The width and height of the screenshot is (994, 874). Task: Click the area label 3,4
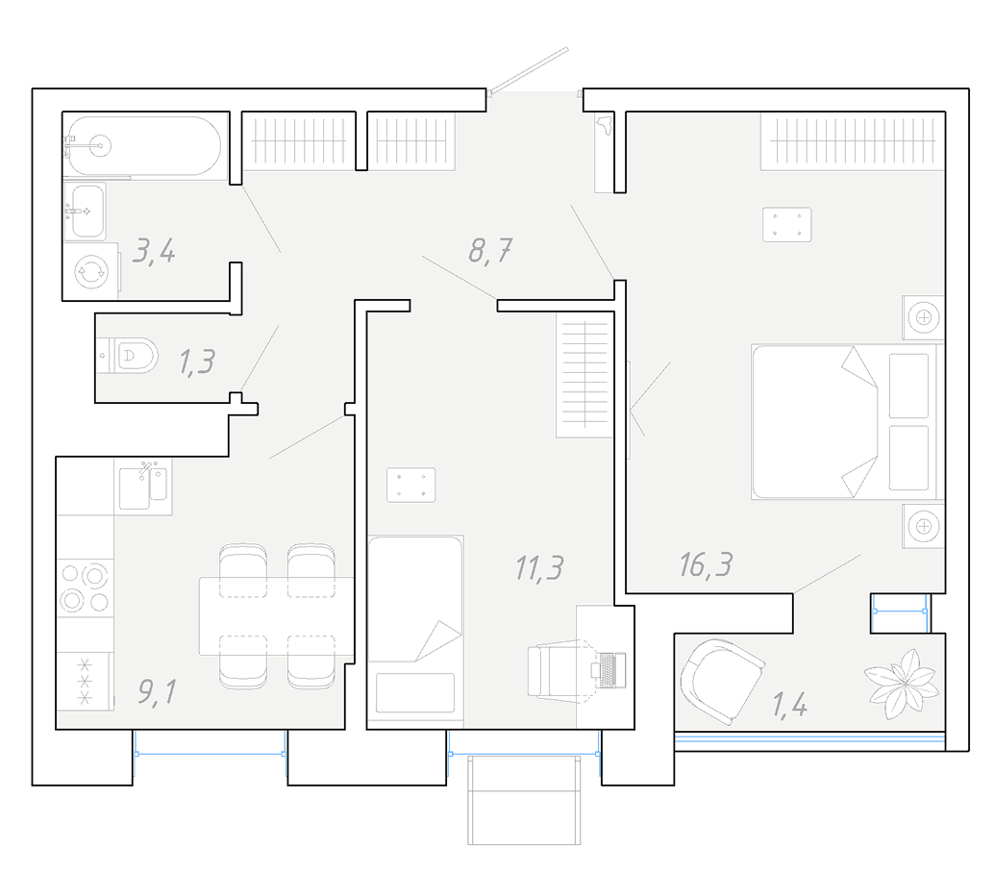[154, 251]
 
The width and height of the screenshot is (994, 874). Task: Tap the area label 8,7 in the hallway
[490, 251]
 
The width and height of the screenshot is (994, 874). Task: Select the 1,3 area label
[196, 362]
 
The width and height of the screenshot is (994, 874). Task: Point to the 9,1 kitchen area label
[157, 691]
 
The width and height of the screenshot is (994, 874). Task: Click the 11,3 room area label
[539, 567]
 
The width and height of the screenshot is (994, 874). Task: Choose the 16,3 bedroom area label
[706, 564]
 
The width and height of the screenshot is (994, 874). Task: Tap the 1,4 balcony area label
[789, 705]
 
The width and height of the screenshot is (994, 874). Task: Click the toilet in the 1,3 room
[129, 355]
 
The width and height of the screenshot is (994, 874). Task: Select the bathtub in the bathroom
[144, 146]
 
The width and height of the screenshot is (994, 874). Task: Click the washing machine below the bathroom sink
[91, 272]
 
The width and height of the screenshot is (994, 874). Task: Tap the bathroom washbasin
[86, 212]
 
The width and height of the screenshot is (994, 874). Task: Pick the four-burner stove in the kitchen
[85, 587]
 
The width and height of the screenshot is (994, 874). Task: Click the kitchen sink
[144, 486]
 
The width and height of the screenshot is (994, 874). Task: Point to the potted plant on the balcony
[902, 684]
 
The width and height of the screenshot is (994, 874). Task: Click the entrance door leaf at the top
[529, 70]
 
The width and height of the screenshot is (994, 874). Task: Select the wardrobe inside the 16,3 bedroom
[853, 140]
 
